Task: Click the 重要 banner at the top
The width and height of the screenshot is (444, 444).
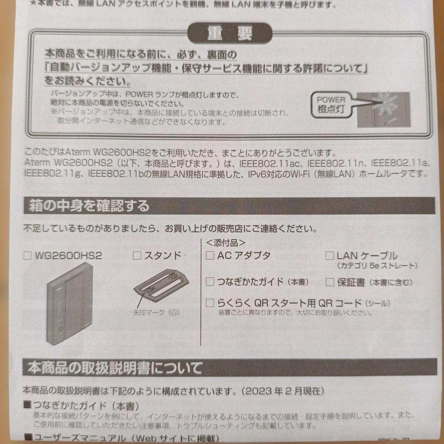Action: [x=230, y=34]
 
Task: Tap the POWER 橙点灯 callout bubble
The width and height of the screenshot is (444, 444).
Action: [x=331, y=104]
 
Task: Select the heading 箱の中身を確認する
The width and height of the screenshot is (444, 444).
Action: [x=89, y=206]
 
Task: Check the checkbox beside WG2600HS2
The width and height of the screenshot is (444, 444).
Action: [x=28, y=256]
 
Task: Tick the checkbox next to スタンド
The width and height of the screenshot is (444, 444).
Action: [x=137, y=256]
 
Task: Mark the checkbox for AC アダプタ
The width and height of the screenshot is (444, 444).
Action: [x=210, y=255]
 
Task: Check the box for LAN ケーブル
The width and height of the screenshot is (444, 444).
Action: [x=329, y=256]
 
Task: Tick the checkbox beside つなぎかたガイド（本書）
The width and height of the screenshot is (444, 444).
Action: [x=210, y=282]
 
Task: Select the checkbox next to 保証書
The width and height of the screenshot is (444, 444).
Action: [x=330, y=282]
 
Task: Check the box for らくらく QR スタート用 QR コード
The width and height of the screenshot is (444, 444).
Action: [x=210, y=303]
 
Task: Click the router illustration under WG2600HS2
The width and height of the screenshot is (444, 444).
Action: [x=69, y=303]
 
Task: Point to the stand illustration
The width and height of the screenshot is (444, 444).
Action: [x=161, y=284]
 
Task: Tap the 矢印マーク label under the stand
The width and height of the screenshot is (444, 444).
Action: [x=156, y=312]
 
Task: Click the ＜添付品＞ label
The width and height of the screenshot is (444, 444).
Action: [x=226, y=243]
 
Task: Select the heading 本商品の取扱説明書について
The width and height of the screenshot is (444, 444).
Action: [x=115, y=368]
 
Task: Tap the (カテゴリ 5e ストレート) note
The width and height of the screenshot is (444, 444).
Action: [x=377, y=266]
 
